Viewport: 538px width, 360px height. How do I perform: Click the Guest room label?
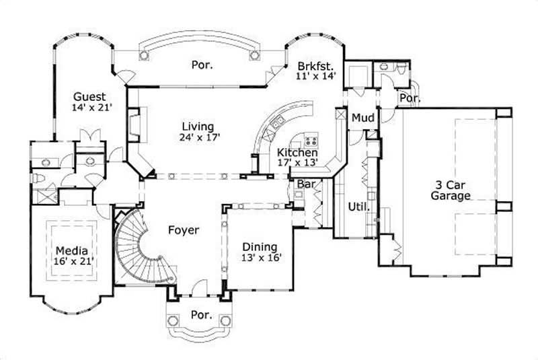(88, 96)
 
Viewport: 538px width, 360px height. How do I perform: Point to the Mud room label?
(363, 118)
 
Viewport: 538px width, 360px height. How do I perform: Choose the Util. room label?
(358, 207)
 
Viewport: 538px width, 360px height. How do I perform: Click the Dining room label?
(260, 246)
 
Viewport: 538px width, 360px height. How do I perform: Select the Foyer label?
(184, 230)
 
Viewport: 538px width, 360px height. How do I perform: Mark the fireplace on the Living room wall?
(132, 124)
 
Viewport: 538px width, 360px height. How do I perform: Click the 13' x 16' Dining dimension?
(261, 258)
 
